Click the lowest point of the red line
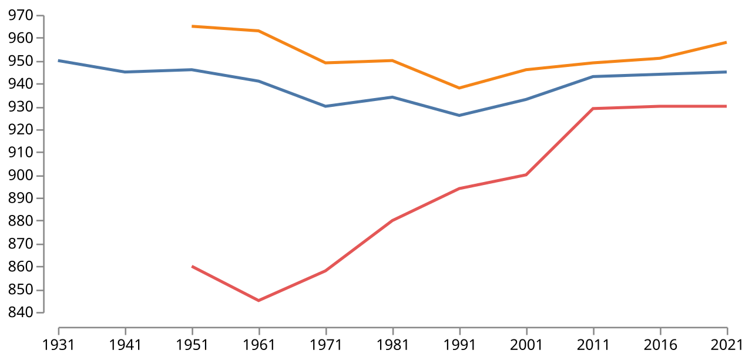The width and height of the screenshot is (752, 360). pos(258,300)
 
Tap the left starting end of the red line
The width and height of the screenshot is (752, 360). pos(193,267)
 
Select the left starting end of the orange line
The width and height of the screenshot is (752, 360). pos(193,26)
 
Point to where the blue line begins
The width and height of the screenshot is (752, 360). pos(59,60)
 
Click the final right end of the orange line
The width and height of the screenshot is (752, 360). pos(726,42)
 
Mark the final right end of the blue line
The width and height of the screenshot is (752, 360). pos(726,72)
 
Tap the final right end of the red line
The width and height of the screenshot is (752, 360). pos(726,106)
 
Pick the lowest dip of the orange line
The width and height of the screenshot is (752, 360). pos(459,88)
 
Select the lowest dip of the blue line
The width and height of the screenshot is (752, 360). pos(459,115)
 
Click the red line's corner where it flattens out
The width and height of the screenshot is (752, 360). pos(593,109)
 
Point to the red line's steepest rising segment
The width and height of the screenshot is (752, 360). pos(559,142)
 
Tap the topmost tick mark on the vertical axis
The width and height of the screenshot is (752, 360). pos(39,16)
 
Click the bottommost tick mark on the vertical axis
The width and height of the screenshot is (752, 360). pos(39,312)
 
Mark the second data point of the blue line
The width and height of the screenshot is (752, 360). pos(125,72)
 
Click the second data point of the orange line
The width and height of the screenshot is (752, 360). pos(258,31)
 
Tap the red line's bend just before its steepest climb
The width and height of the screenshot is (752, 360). pos(526,174)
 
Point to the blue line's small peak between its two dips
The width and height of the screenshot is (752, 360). pos(392,97)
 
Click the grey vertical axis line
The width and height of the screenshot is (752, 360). pos(44,164)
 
